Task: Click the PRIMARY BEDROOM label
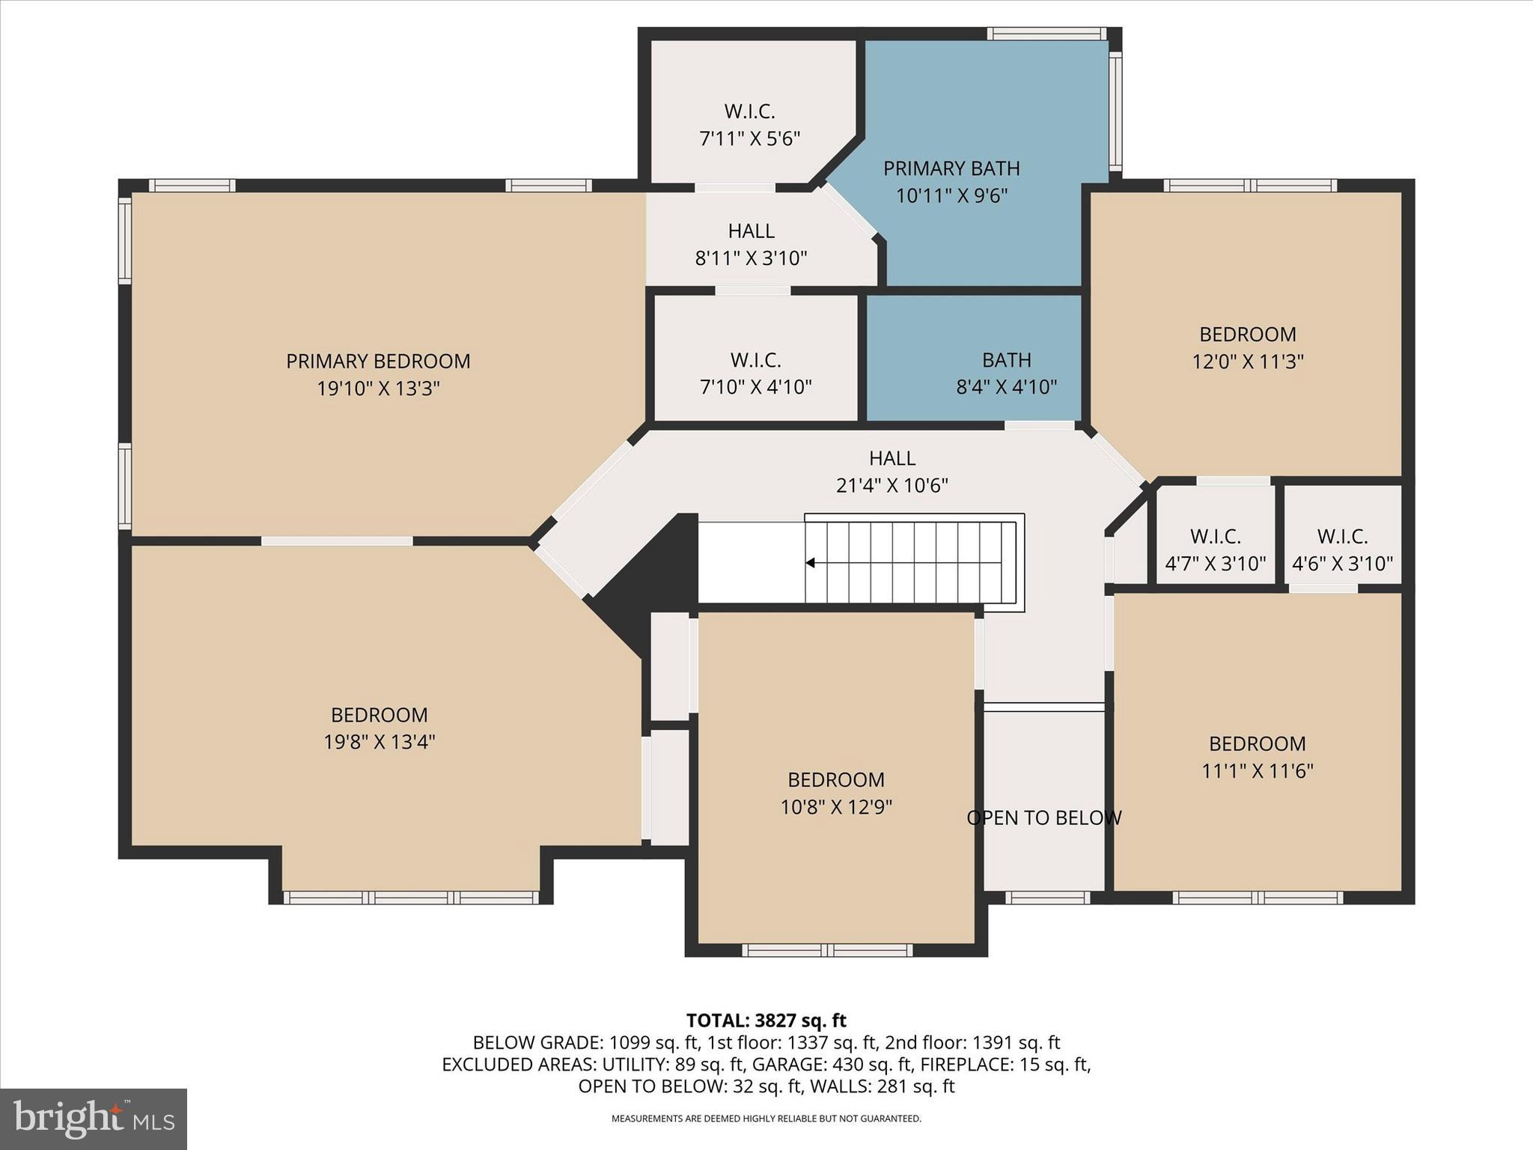[378, 362]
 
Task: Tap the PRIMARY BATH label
[951, 168]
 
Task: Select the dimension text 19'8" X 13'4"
[380, 742]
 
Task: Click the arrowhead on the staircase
[810, 562]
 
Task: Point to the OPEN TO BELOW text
[1043, 818]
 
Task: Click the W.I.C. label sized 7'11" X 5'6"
[749, 112]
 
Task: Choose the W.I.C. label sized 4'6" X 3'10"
[1342, 537]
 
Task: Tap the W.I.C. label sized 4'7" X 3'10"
[1215, 537]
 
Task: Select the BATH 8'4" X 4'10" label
[1006, 360]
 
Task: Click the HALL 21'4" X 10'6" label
[892, 458]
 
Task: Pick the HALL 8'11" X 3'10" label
[751, 231]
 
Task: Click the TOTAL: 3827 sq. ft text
[766, 1020]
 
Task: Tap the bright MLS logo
[94, 1119]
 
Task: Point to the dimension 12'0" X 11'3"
[1247, 362]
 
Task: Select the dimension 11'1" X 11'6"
[1257, 771]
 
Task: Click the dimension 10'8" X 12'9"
[835, 807]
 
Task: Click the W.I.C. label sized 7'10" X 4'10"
[755, 360]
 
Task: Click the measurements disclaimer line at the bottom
[766, 1119]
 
